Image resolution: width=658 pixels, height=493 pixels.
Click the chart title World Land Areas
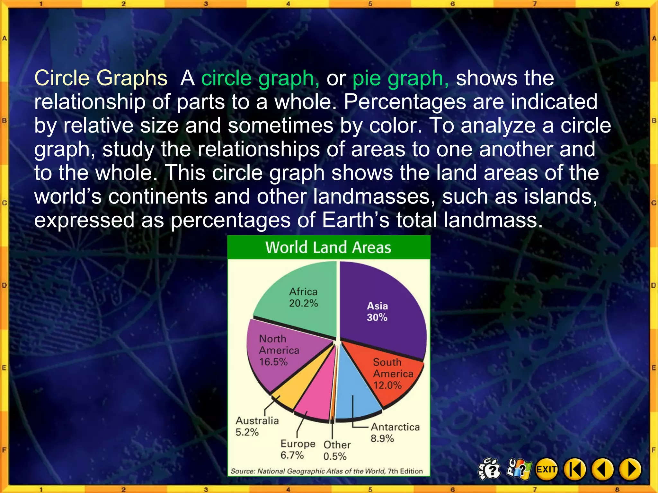[x=328, y=247]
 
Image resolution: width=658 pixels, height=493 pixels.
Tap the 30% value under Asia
[x=377, y=317]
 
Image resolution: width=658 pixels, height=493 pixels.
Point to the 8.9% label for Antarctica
[x=382, y=438]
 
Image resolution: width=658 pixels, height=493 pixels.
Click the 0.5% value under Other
[x=335, y=456]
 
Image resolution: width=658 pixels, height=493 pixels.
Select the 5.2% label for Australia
[x=247, y=432]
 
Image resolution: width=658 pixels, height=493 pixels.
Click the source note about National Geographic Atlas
[x=326, y=471]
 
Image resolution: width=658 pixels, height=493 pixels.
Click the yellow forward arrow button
[x=630, y=470]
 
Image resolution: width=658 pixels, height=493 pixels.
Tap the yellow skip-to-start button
[x=575, y=470]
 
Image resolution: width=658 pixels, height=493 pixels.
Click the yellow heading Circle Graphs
[x=101, y=78]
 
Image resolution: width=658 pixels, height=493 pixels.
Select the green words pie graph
[x=400, y=78]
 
